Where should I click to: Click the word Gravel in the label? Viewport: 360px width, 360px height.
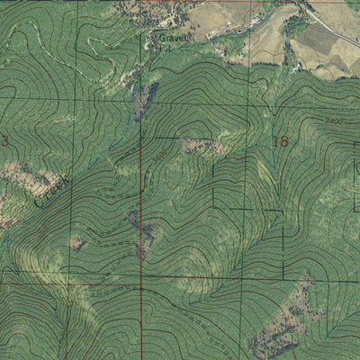[167, 40]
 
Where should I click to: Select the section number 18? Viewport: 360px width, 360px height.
[279, 141]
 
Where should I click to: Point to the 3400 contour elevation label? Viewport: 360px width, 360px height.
[333, 119]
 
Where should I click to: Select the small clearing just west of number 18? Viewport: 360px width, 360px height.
[195, 144]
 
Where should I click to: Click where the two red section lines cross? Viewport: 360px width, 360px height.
[141, 289]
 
